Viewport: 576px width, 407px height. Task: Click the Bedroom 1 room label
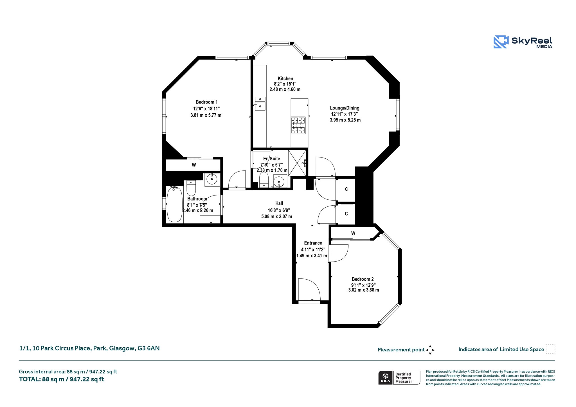click(207, 102)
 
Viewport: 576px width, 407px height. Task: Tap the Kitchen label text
click(285, 78)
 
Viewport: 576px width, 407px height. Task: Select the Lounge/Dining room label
click(345, 108)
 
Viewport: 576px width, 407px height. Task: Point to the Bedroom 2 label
click(363, 279)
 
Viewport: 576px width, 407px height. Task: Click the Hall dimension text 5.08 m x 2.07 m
click(277, 217)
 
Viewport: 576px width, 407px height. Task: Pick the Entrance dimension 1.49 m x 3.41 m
click(312, 256)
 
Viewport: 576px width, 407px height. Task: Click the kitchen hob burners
click(298, 125)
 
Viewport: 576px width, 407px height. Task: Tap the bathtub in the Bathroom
click(174, 204)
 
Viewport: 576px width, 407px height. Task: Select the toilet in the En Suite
click(264, 179)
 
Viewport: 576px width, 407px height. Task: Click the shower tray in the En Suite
click(297, 163)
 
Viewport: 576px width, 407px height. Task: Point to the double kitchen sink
click(260, 104)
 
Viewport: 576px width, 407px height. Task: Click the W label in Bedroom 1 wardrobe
click(194, 165)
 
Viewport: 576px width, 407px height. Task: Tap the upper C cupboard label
click(346, 189)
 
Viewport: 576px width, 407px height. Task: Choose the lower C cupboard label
click(346, 214)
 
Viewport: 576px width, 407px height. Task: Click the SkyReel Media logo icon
click(501, 42)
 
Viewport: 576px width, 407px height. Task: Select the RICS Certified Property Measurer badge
click(399, 377)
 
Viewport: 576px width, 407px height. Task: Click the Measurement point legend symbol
click(430, 350)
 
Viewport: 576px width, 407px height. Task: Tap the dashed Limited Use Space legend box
click(550, 349)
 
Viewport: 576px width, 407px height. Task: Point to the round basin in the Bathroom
click(212, 179)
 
